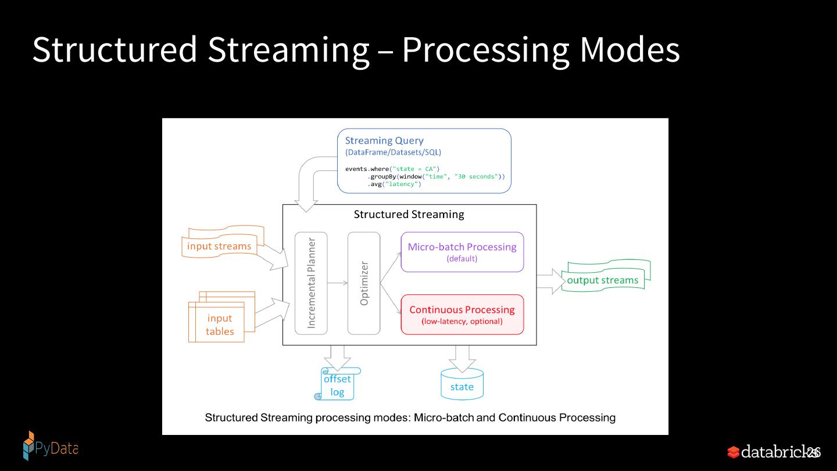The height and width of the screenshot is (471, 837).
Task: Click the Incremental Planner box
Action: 311,283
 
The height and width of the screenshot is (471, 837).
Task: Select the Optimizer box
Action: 364,283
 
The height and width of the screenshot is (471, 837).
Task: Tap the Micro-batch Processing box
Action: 462,252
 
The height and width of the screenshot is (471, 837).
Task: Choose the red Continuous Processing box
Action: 462,315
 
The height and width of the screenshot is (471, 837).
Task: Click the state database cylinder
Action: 462,384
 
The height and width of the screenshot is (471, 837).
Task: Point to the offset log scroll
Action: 337,384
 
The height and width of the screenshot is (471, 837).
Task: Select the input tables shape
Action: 221,317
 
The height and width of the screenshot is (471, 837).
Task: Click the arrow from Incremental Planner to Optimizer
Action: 337,283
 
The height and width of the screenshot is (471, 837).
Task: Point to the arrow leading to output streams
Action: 551,282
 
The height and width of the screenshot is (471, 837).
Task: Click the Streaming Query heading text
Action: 384,141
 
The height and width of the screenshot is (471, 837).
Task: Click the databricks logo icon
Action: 733,452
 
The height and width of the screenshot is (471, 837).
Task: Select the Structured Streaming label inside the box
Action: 409,215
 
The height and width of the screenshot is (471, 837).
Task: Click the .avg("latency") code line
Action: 394,184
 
